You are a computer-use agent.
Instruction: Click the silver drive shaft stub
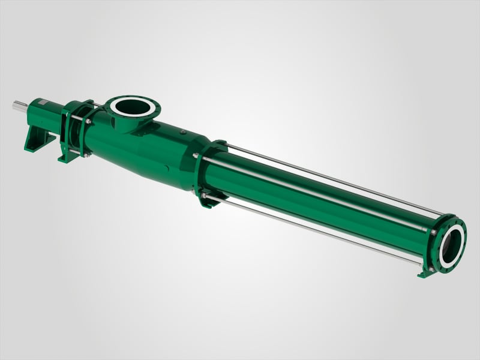[20, 107]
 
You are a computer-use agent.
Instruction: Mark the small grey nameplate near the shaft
[43, 103]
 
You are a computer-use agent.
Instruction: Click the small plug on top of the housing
[179, 130]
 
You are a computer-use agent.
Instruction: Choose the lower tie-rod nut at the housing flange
[203, 195]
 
